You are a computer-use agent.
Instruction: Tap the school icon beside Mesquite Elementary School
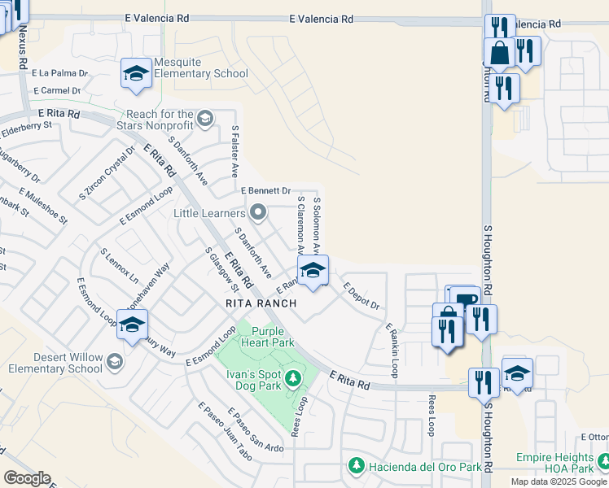point(136,75)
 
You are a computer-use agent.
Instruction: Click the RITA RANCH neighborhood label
point(262,303)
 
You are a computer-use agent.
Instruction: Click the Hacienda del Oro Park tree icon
point(356,466)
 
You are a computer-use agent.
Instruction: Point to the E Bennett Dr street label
point(266,190)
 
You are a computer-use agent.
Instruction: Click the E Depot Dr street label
point(361,296)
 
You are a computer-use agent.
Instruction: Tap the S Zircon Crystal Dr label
point(107,174)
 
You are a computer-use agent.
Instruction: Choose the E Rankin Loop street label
point(390,351)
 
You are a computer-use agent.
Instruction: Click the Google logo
point(27,478)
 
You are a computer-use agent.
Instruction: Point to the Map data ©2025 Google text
point(559,481)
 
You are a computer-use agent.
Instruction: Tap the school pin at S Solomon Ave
point(312,272)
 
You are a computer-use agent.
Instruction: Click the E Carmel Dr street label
point(57,91)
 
